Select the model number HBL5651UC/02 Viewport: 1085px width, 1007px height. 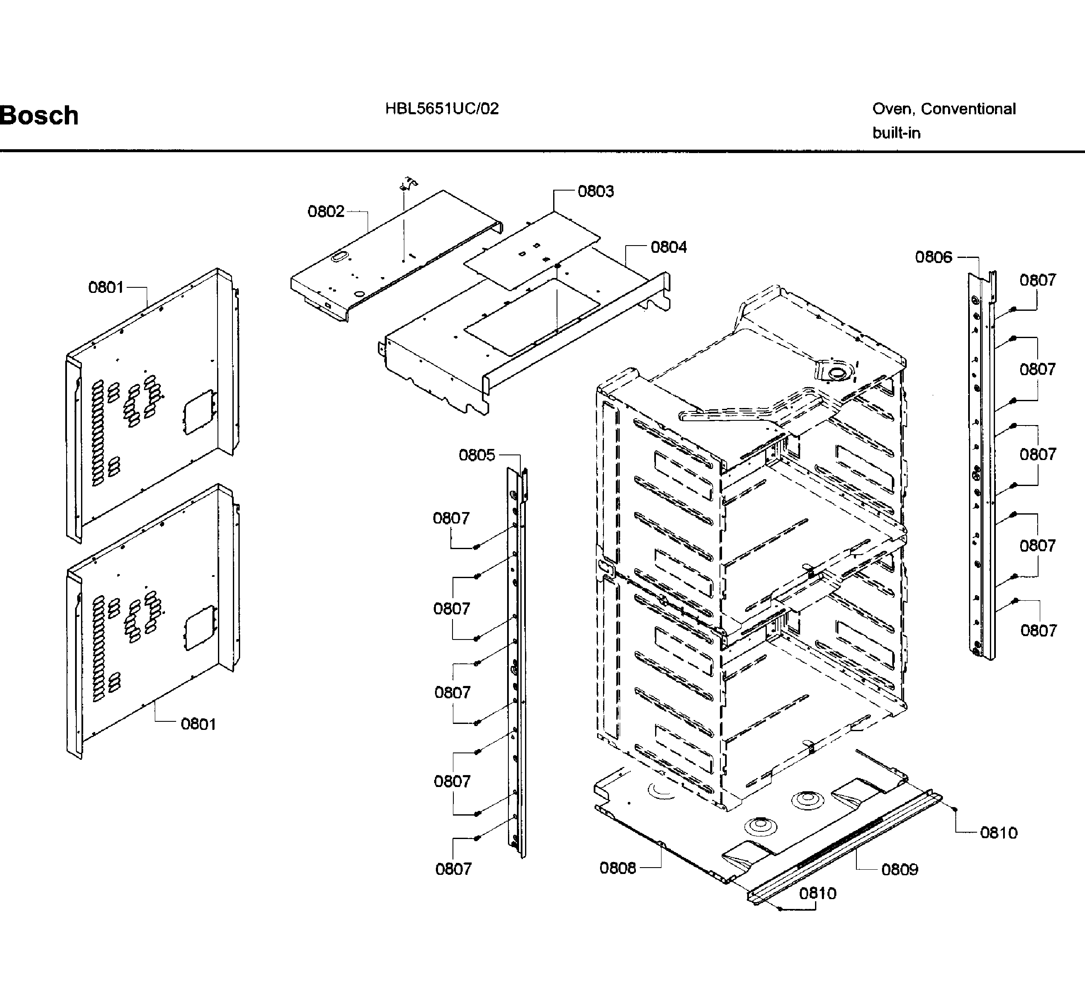441,109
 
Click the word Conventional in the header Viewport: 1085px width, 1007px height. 968,109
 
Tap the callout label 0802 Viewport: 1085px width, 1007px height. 325,211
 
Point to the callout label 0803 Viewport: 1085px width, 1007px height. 595,191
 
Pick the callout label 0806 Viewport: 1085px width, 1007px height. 934,257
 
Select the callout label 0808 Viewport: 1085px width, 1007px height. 618,868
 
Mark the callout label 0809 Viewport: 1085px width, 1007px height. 899,869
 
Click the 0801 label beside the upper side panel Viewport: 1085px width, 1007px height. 106,287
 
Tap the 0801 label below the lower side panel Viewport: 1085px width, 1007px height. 198,724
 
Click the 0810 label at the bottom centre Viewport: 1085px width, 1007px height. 817,893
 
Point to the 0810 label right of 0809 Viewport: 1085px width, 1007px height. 999,833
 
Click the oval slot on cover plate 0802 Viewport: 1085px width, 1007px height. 339,257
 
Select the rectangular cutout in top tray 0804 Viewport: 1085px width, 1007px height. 531,318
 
